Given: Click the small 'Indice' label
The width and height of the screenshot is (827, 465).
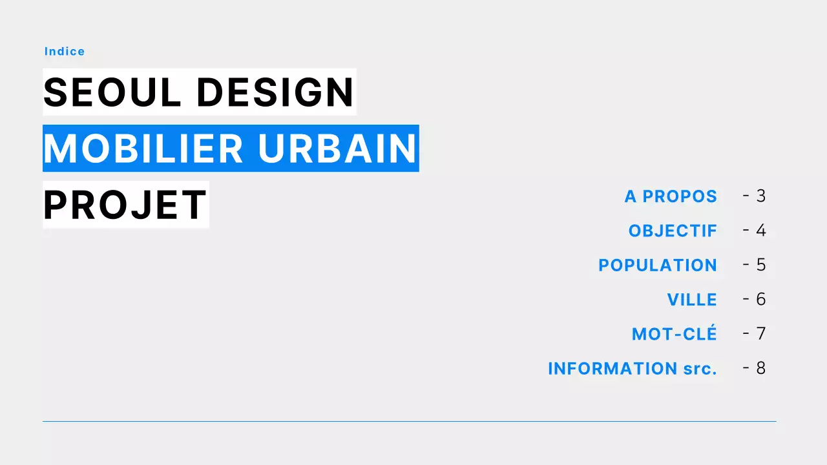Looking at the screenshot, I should point(65,52).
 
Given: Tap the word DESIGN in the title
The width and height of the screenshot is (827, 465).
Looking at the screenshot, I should point(275,92).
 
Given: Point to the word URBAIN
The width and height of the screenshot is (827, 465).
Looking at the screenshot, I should point(337,149).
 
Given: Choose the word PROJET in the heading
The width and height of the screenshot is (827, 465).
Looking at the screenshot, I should point(125,205).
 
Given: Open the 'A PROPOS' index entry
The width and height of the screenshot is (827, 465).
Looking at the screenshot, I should point(671,196).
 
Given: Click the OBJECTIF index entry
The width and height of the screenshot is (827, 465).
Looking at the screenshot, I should point(673,231).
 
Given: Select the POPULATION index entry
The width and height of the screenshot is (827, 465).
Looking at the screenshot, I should point(658,265).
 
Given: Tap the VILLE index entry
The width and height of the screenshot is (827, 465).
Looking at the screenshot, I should point(692,300).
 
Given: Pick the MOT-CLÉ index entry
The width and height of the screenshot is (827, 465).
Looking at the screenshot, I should point(675,334).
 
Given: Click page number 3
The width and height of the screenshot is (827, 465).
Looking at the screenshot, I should point(761,196).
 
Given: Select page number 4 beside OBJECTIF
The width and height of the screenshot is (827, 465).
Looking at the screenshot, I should point(761,231).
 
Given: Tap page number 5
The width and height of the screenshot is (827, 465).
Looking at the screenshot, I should point(761,265).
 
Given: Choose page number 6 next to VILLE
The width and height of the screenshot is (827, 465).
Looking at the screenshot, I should point(761,299).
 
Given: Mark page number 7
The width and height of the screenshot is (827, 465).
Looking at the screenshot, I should point(761,334).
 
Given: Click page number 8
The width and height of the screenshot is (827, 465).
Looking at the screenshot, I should point(761,368).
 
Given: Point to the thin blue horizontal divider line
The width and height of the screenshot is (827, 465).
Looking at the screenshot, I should point(409,422).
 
